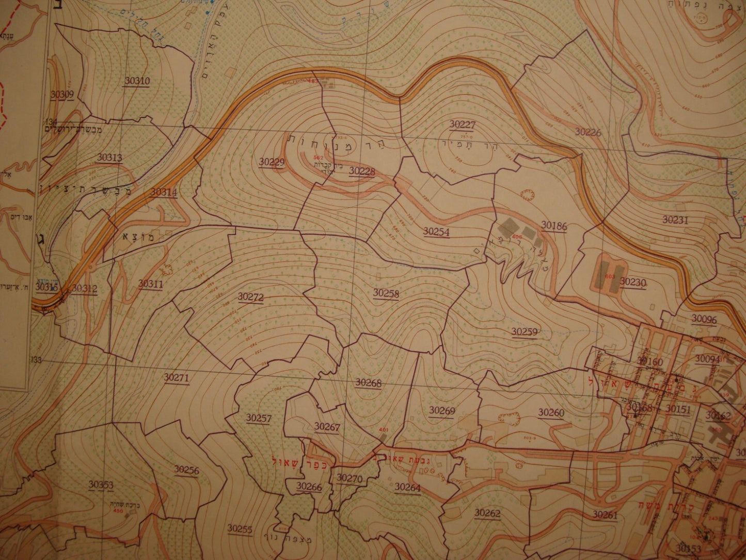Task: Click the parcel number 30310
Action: coord(137,81)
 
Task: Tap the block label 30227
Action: coord(462,124)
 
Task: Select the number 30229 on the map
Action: coord(272,162)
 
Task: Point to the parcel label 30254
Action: coord(436,232)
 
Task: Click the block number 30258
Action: coord(386,293)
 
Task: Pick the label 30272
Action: coord(251,297)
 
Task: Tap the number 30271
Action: coord(177,377)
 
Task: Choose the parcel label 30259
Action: coord(525,331)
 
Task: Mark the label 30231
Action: coord(676,220)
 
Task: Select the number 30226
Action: coord(588,132)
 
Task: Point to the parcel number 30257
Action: coord(259,418)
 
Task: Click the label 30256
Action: coord(186,469)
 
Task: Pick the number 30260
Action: coord(551,412)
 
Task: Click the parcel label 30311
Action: coord(151,284)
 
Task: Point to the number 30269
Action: coord(442,410)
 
